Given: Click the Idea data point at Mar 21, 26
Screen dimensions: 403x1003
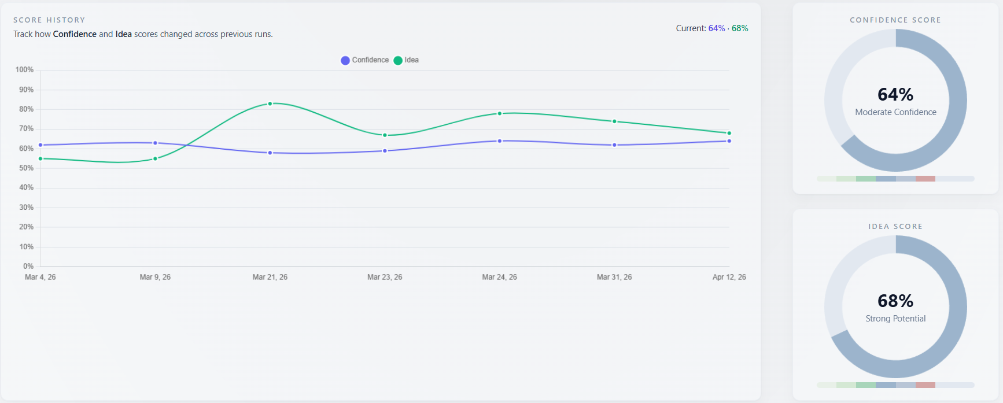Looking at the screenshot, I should tap(270, 103).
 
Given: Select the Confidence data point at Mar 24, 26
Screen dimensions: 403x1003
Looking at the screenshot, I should tap(500, 141).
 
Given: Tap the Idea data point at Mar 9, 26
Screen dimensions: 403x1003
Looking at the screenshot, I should tap(155, 158).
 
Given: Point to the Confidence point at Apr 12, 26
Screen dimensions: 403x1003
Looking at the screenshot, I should tap(729, 141).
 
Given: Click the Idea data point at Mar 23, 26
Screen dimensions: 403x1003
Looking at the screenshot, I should tap(385, 135).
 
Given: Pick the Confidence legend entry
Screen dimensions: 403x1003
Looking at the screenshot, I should tap(365, 60).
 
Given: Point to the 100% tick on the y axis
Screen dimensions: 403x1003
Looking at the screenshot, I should tap(24, 70).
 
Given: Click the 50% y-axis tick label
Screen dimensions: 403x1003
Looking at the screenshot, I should tap(26, 168).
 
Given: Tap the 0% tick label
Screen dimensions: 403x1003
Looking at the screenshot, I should tap(28, 267).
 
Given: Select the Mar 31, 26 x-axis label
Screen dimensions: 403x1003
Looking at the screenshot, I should tap(614, 278).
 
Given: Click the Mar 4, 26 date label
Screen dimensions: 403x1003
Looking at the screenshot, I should tap(40, 278).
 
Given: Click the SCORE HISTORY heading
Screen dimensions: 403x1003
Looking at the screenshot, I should tap(49, 20).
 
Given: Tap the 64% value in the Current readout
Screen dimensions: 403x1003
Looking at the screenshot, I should tap(716, 28).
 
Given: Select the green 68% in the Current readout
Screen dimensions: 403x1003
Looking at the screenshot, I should tap(740, 28).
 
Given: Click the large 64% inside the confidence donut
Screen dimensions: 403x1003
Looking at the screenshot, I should tap(895, 94).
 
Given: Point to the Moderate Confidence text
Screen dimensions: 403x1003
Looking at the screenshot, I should tap(895, 112).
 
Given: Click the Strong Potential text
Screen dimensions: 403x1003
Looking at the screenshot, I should tap(895, 319).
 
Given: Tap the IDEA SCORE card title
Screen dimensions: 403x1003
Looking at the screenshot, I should tap(895, 227).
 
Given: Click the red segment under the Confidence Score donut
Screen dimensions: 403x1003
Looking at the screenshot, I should tap(925, 179).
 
